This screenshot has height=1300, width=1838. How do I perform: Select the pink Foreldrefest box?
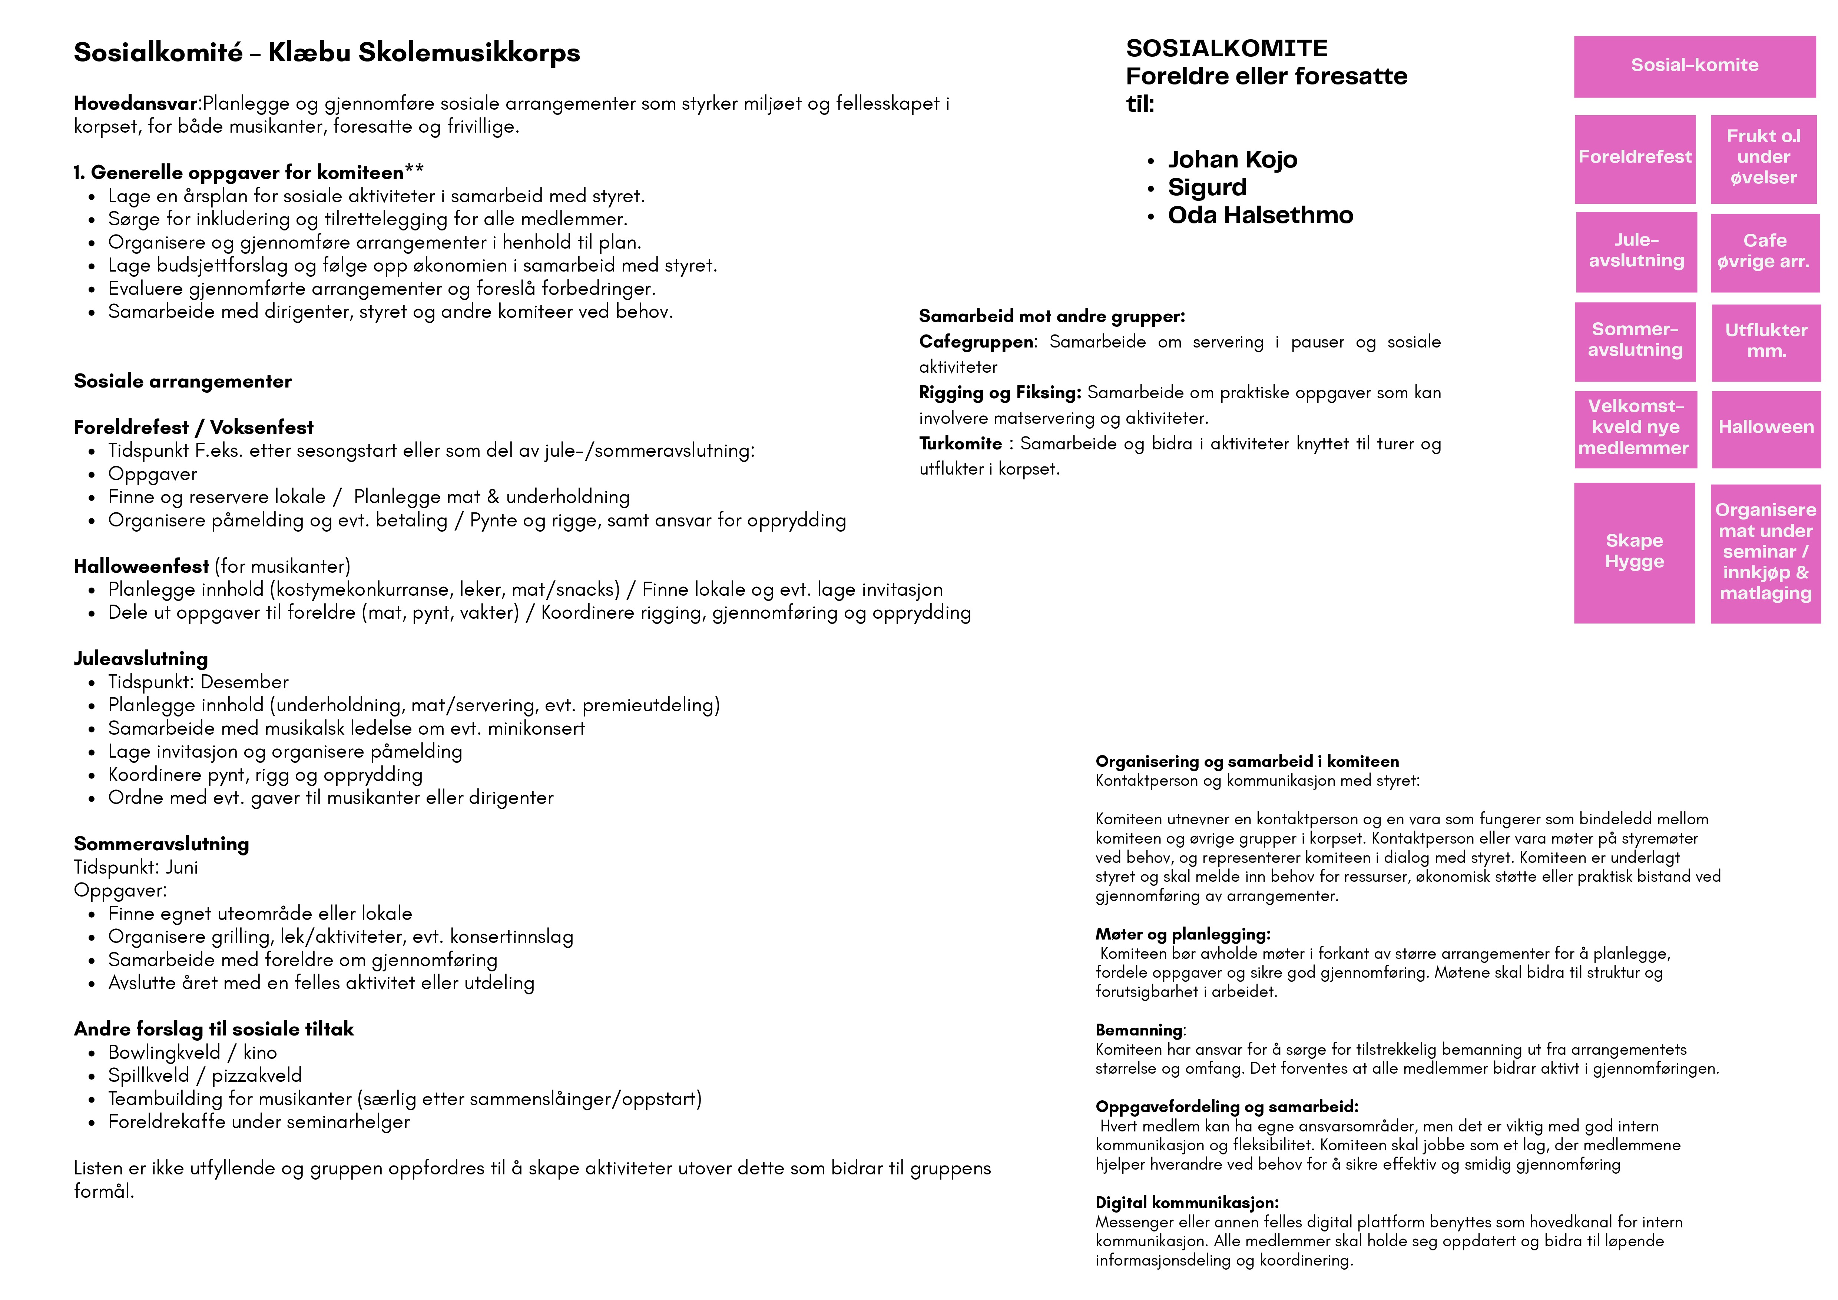(x=1635, y=158)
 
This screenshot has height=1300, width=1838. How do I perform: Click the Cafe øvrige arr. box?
(x=1764, y=251)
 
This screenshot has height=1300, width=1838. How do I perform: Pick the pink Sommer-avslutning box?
(x=1635, y=340)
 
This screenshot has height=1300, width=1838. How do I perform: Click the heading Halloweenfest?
(x=141, y=567)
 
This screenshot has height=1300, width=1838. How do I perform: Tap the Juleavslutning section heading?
(x=141, y=659)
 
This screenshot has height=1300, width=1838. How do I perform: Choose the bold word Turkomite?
(x=960, y=444)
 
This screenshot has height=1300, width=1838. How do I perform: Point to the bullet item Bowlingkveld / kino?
(x=192, y=1053)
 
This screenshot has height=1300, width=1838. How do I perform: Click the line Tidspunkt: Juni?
(x=136, y=868)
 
